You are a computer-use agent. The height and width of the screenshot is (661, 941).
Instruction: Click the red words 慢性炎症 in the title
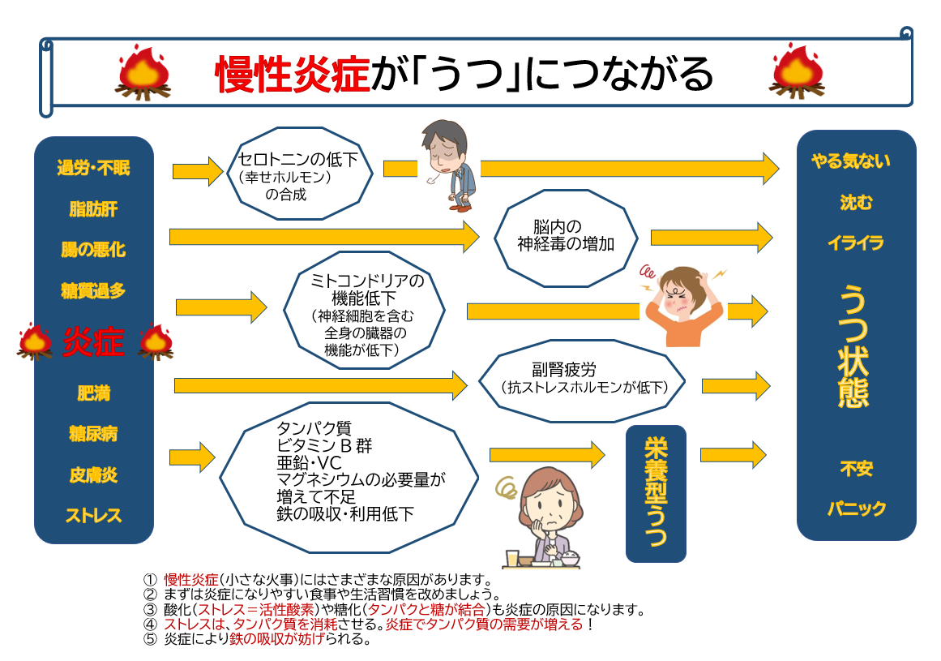click(x=293, y=75)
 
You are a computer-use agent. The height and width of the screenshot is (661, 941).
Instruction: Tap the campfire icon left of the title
click(x=143, y=72)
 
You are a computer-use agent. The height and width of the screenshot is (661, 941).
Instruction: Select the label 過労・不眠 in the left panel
click(x=94, y=168)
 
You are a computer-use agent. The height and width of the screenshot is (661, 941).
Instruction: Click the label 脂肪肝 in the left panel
click(x=94, y=209)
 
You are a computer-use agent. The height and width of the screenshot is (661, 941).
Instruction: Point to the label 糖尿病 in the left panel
click(x=94, y=433)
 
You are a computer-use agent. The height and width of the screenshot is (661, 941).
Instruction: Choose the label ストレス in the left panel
click(x=94, y=516)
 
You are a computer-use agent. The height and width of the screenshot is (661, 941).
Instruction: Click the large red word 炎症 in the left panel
click(x=94, y=342)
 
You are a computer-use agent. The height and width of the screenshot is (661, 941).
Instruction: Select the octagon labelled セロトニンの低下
click(x=299, y=174)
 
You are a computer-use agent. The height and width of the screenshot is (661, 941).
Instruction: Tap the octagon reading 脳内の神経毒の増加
click(x=566, y=238)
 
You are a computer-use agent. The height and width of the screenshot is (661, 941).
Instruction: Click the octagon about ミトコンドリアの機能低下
click(x=364, y=311)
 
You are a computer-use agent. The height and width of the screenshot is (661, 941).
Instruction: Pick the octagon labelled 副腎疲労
click(x=582, y=380)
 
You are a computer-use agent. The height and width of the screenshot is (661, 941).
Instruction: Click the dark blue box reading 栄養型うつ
click(x=656, y=493)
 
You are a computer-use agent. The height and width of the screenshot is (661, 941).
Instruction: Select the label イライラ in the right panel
click(x=856, y=243)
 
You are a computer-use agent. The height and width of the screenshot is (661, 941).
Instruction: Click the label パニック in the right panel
click(x=857, y=509)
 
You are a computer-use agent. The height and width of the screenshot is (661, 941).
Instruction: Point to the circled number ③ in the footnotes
click(x=150, y=610)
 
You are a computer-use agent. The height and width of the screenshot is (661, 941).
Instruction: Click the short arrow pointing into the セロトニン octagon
click(x=198, y=172)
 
